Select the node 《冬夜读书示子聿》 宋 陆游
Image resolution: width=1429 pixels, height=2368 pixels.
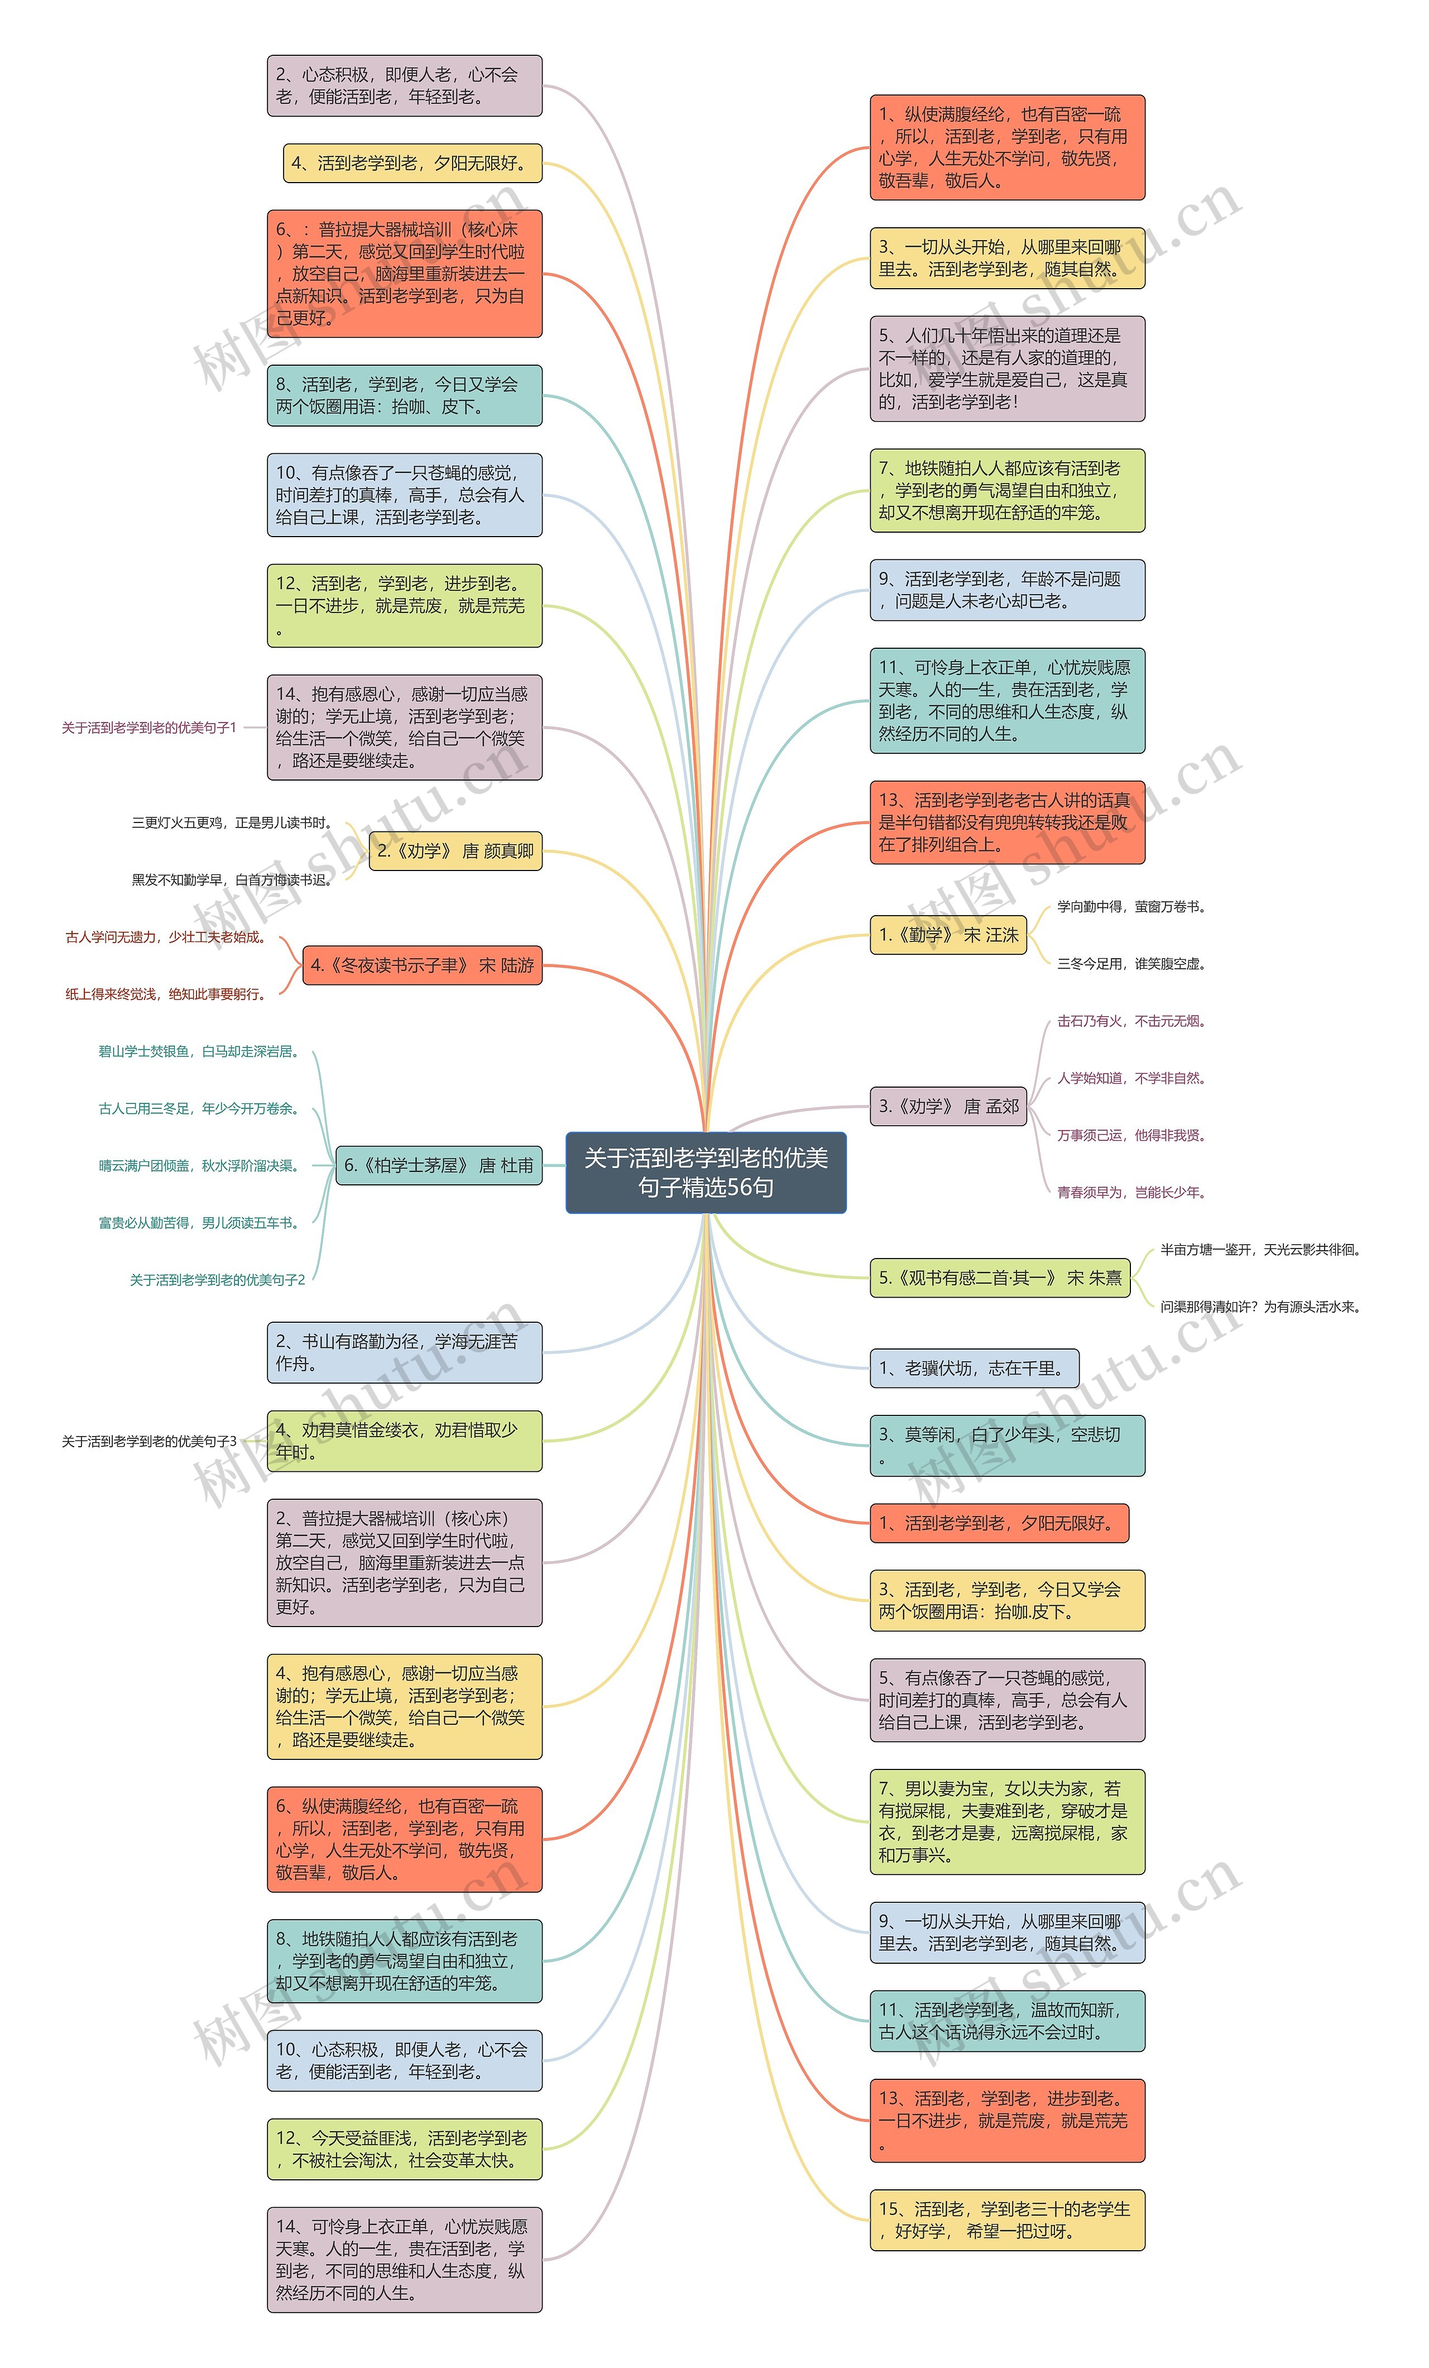pyautogui.click(x=422, y=965)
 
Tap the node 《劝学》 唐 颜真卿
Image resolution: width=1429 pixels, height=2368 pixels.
pyautogui.click(x=455, y=850)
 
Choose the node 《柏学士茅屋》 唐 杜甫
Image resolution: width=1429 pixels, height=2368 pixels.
pyautogui.click(x=438, y=1165)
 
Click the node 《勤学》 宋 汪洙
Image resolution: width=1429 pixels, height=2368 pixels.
pyautogui.click(x=947, y=934)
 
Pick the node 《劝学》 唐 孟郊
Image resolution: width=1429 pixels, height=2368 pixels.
pyautogui.click(x=947, y=1106)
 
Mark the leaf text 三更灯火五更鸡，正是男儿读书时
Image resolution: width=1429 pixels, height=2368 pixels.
pyautogui.click(x=232, y=822)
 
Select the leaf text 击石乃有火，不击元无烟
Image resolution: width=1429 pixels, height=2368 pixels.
pyautogui.click(x=1131, y=1021)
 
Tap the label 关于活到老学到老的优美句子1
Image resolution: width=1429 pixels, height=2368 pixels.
pyautogui.click(x=149, y=728)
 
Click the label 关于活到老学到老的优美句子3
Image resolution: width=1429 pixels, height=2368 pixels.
pyautogui.click(x=149, y=1441)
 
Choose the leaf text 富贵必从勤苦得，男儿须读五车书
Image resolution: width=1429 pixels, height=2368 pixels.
pyautogui.click(x=199, y=1222)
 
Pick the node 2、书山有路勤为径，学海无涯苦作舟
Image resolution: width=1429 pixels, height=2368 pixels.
pyautogui.click(x=405, y=1352)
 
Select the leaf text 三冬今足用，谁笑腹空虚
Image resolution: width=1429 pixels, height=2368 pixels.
pyautogui.click(x=1131, y=963)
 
